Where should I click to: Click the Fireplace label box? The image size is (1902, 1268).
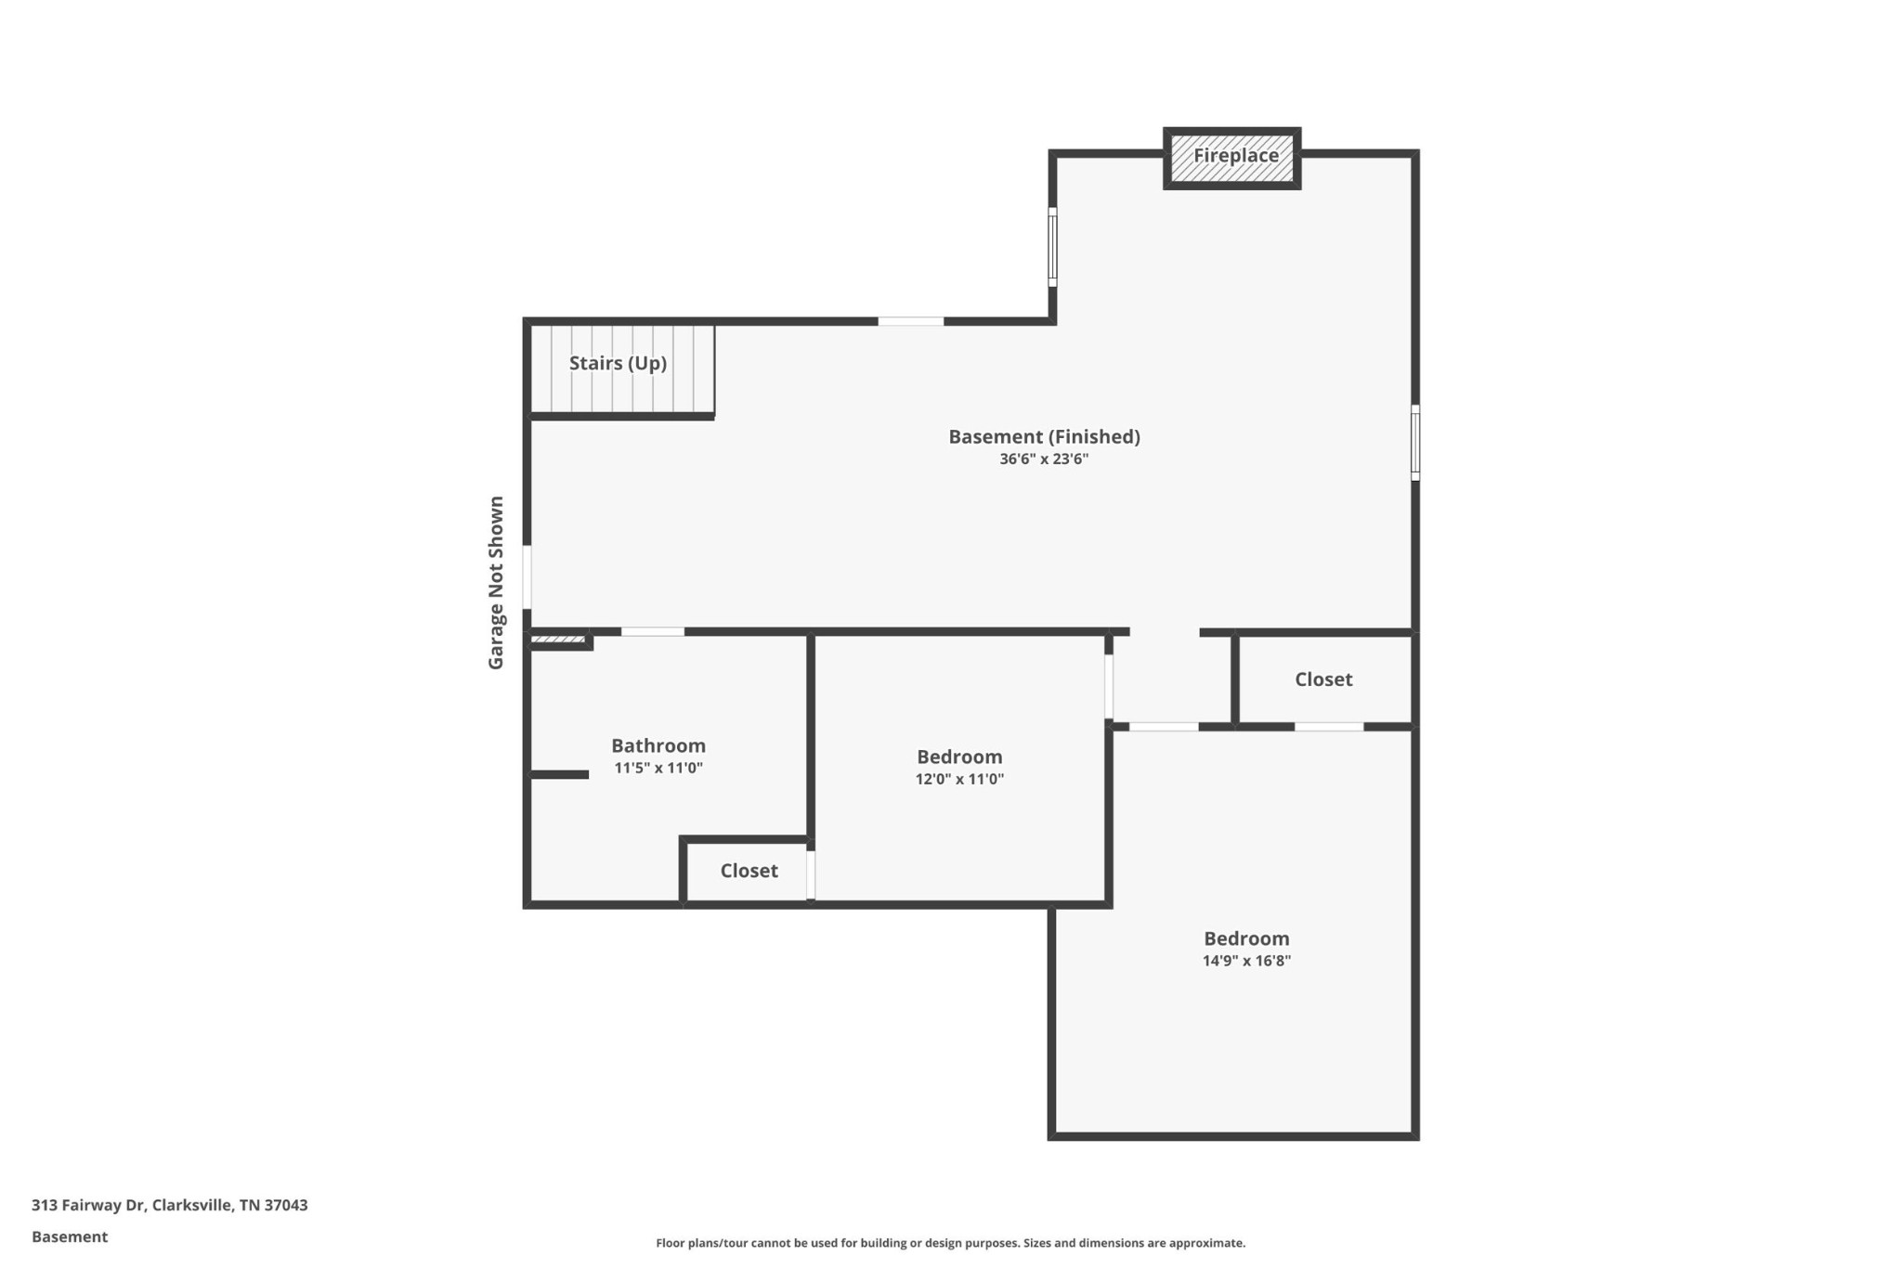pos(1232,157)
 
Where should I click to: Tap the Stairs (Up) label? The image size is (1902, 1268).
pos(618,363)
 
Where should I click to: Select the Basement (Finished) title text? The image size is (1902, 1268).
pos(1044,436)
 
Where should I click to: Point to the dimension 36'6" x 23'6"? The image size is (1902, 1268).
pos(1044,459)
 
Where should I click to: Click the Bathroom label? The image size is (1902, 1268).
pos(658,745)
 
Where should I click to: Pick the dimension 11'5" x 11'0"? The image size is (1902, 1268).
pos(658,769)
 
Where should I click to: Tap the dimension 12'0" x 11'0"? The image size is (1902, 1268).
pos(959,780)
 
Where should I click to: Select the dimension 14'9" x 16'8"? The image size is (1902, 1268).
pos(1246,962)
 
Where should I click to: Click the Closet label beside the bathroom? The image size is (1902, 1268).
pos(749,871)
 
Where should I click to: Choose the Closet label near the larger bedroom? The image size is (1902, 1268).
pos(1323,679)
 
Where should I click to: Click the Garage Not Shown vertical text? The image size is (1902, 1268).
pos(496,582)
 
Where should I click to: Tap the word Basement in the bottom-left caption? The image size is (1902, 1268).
pos(70,1236)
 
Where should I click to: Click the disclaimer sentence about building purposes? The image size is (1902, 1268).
pos(950,1243)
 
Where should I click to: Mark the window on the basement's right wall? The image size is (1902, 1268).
pos(1415,443)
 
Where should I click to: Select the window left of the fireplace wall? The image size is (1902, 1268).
pos(1052,247)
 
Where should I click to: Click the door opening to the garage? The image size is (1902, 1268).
pos(527,576)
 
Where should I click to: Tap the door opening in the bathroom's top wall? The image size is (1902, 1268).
pos(653,632)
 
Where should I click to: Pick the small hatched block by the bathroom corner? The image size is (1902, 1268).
pos(558,640)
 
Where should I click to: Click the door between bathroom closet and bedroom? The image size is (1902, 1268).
pos(811,874)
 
